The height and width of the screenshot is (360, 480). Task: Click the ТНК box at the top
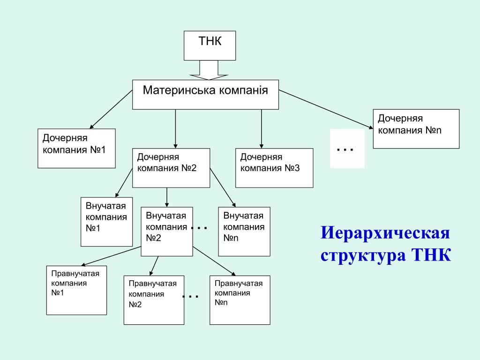(210, 45)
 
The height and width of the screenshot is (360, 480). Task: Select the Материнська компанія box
(205, 95)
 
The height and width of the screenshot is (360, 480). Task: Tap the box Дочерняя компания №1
(76, 149)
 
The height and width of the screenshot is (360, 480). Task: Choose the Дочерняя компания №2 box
(171, 168)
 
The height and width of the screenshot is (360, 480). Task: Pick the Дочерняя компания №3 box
(274, 168)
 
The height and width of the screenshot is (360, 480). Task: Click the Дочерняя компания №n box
(416, 129)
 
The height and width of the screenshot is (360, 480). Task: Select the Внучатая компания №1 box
(106, 222)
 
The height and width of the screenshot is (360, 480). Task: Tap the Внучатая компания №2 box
(167, 232)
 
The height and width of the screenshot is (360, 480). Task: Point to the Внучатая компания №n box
(244, 232)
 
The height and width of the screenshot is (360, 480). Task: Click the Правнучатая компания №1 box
(76, 290)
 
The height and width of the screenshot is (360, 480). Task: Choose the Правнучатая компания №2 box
(154, 300)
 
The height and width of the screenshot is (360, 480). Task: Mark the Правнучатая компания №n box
(240, 300)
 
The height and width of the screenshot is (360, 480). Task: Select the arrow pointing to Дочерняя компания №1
(111, 109)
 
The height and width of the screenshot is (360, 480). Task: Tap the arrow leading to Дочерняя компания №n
(326, 109)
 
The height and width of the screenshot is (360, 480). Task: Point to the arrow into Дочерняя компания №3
(262, 129)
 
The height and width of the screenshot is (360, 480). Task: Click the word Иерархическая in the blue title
(385, 232)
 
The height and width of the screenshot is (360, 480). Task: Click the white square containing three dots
(347, 149)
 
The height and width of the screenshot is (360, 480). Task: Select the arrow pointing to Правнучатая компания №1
(111, 256)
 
